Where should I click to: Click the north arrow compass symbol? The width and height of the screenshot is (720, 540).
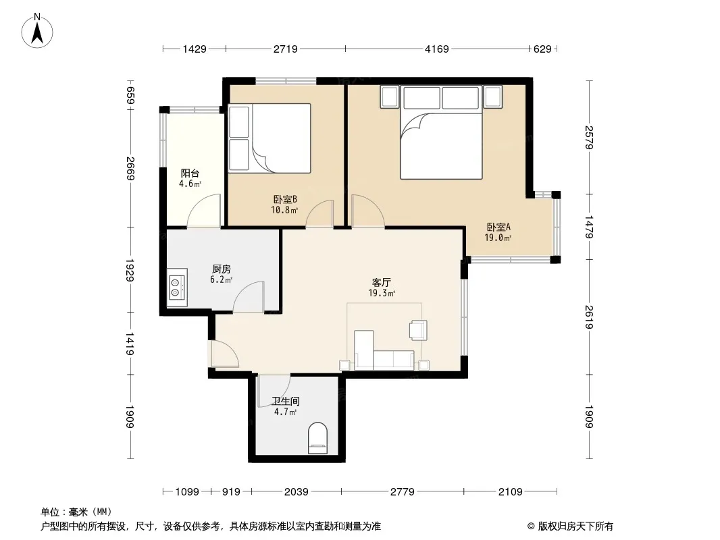click(x=36, y=30)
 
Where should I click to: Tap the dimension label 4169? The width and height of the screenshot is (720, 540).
click(x=437, y=49)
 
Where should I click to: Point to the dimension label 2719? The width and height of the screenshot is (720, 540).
click(x=286, y=49)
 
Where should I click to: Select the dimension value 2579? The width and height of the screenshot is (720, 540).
click(x=589, y=137)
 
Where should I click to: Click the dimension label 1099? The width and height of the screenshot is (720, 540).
click(x=187, y=492)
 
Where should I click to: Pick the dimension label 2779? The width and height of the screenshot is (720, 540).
click(x=403, y=492)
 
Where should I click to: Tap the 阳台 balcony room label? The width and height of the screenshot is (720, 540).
click(x=190, y=173)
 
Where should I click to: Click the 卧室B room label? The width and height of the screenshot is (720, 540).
click(x=285, y=200)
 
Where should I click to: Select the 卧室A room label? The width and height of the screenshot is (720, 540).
click(x=498, y=227)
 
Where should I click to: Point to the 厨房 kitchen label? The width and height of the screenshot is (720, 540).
click(x=222, y=269)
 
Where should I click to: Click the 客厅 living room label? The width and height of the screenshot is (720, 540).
click(x=381, y=282)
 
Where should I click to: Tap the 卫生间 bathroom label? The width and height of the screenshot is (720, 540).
click(x=285, y=401)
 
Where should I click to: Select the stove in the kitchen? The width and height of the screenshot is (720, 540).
click(x=177, y=287)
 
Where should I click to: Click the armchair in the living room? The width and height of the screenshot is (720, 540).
click(x=418, y=330)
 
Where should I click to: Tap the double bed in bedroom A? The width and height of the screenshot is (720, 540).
click(x=441, y=132)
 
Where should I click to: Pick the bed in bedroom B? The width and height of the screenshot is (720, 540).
click(x=270, y=138)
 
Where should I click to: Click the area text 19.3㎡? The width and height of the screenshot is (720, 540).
click(x=382, y=293)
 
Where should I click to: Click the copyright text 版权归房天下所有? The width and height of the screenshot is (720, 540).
click(x=575, y=526)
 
